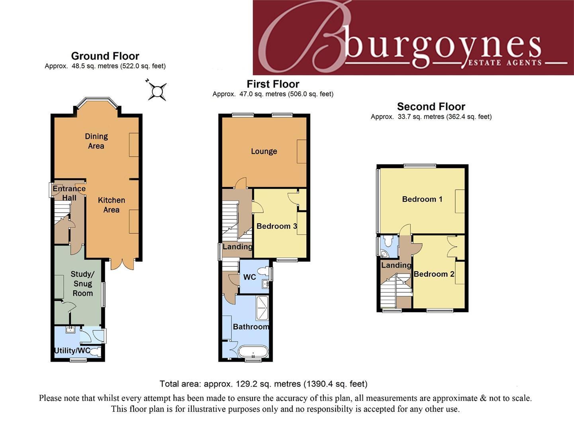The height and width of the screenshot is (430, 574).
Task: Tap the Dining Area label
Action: click(x=96, y=141)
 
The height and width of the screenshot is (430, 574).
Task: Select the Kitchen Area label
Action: click(x=112, y=205)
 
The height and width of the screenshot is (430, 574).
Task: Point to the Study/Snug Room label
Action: click(x=82, y=283)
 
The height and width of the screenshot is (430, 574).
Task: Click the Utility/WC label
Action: click(x=72, y=350)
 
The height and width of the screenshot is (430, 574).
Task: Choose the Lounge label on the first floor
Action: click(x=264, y=151)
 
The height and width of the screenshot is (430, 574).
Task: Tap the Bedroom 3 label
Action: click(x=276, y=226)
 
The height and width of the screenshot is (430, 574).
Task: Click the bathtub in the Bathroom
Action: click(x=253, y=352)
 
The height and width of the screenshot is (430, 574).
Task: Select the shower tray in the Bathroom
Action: click(x=263, y=307)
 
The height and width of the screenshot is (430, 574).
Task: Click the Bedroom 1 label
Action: click(x=422, y=199)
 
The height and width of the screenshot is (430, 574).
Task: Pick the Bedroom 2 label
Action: click(x=434, y=274)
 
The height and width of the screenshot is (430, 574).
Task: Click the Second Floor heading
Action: click(x=431, y=107)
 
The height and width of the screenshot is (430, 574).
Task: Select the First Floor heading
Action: click(x=273, y=84)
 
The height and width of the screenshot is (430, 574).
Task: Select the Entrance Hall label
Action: click(x=69, y=193)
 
